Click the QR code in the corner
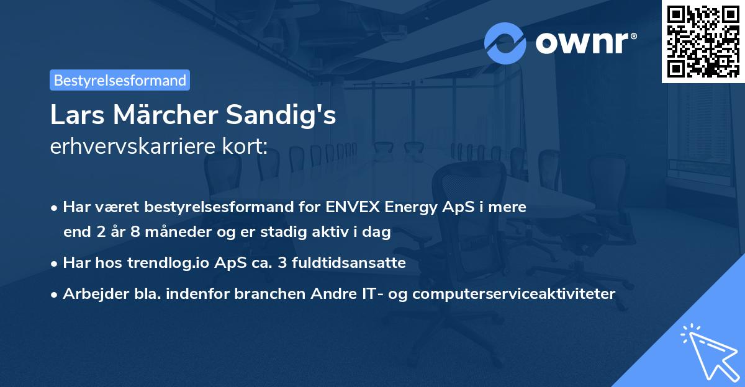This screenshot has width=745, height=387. pyautogui.click(x=703, y=41)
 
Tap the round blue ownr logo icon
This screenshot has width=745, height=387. pyautogui.click(x=505, y=43)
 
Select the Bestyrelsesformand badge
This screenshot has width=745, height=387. pyautogui.click(x=120, y=80)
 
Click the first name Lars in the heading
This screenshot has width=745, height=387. pyautogui.click(x=72, y=116)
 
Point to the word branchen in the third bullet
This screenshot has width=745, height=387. pyautogui.click(x=264, y=293)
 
